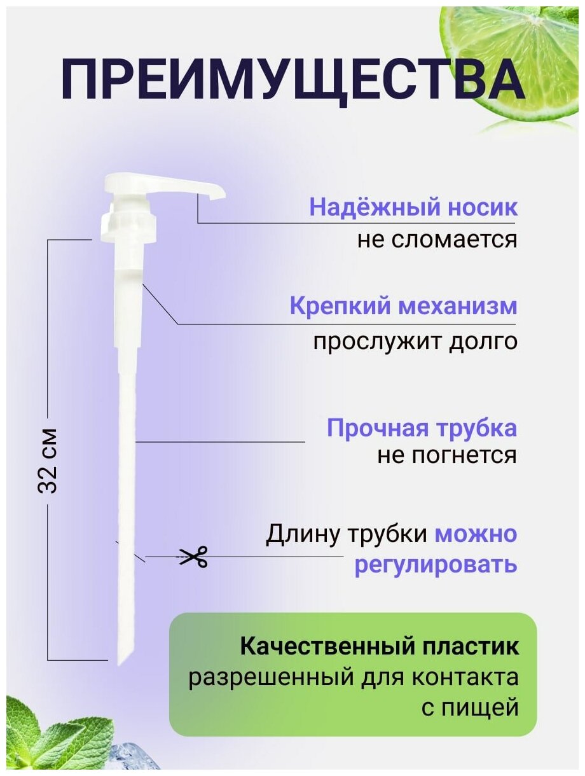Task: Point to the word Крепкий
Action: pyautogui.click(x=341, y=307)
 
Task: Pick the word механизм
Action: pyautogui.click(x=458, y=307)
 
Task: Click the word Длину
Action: pyautogui.click(x=302, y=534)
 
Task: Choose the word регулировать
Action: pyautogui.click(x=435, y=564)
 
